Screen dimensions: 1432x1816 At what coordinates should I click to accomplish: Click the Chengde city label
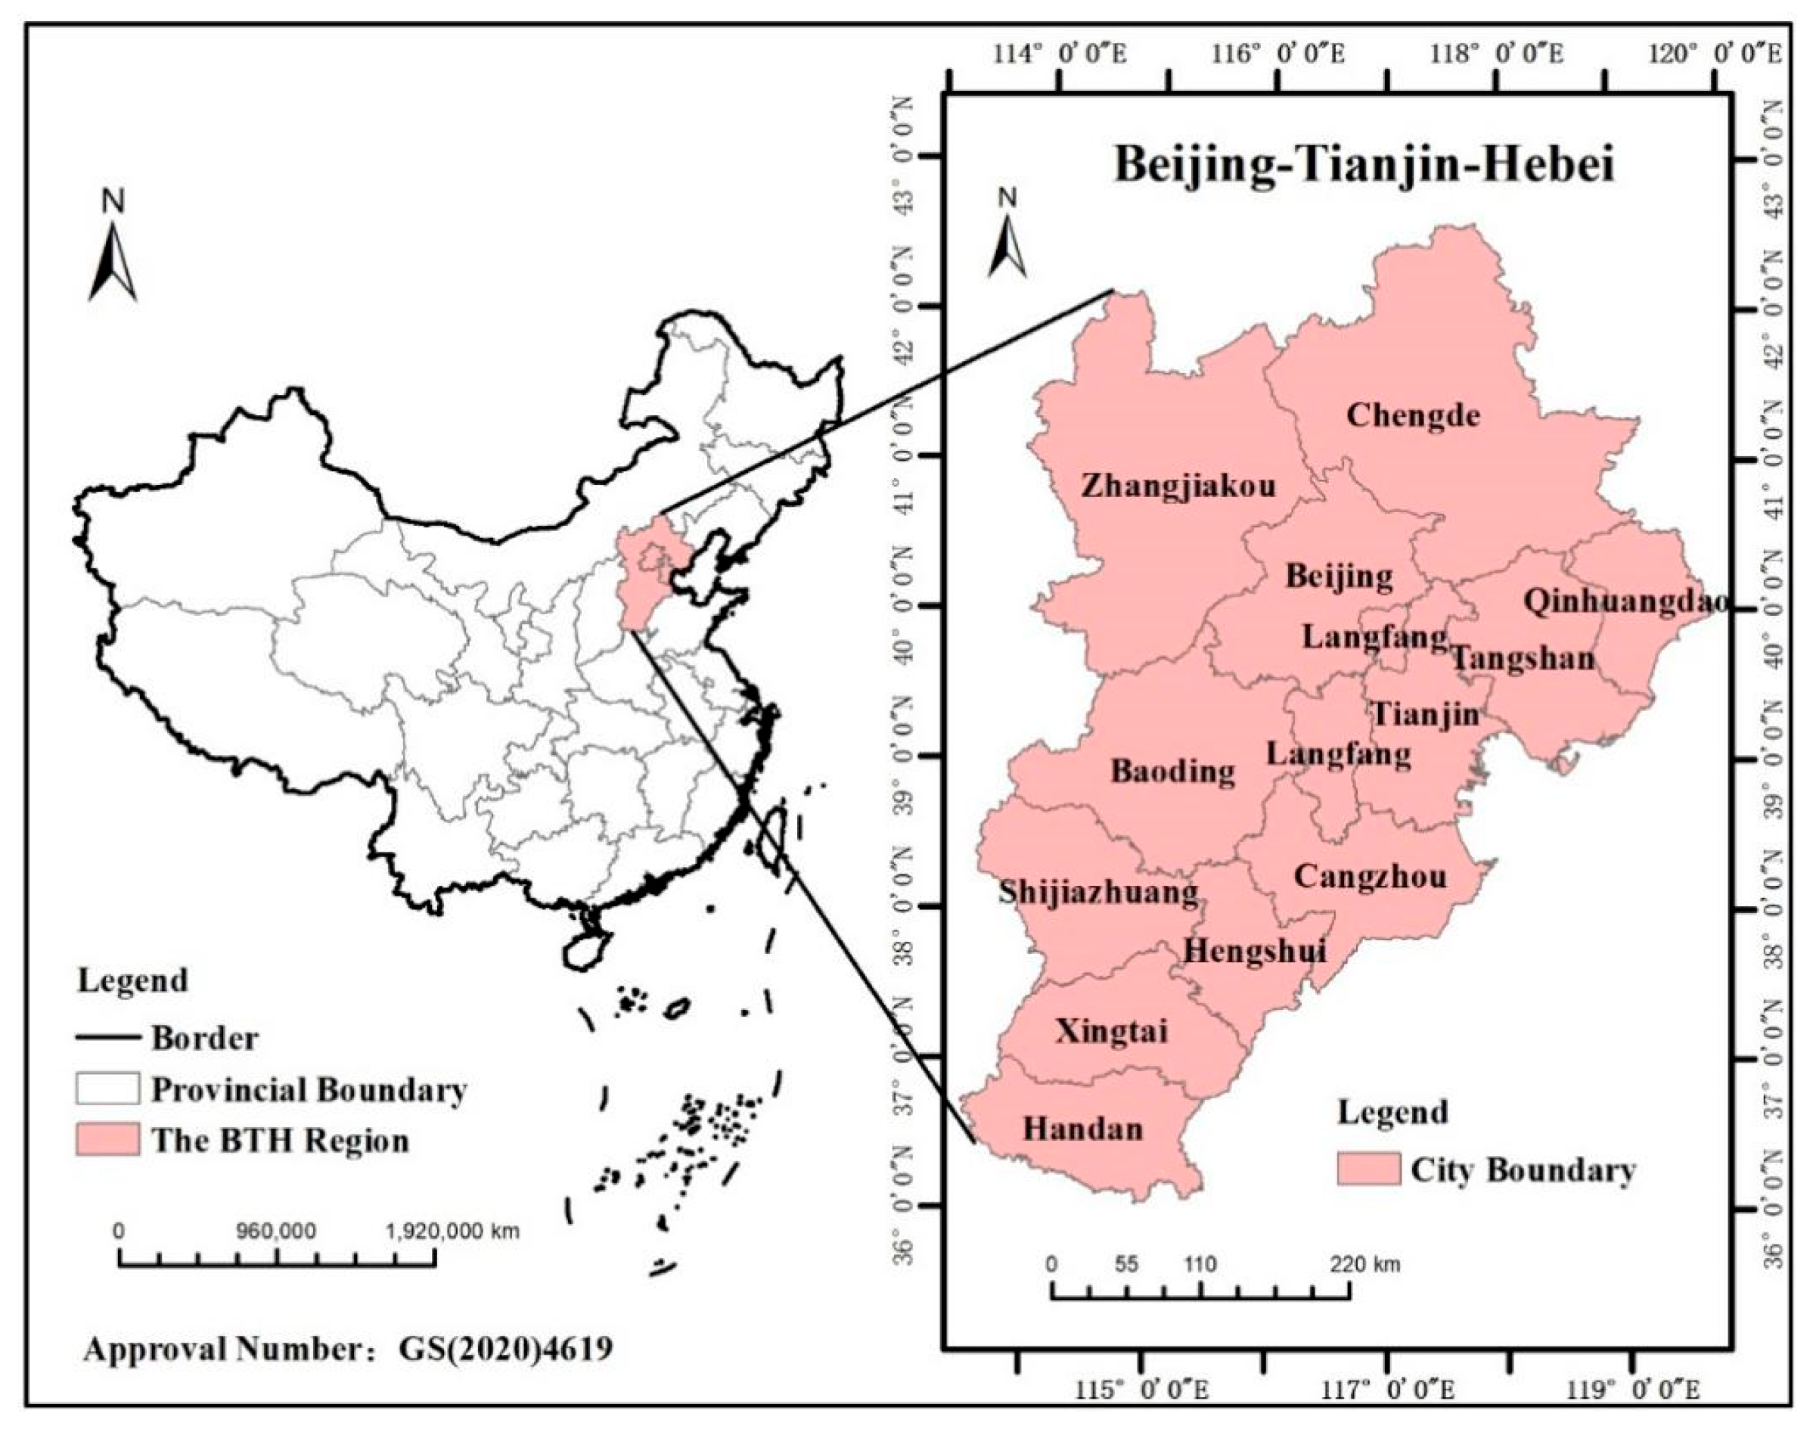(1413, 415)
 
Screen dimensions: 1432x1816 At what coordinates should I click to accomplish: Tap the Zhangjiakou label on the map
(1178, 486)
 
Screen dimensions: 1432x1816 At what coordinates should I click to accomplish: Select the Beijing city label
(1339, 577)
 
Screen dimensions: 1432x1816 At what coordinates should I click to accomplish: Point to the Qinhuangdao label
(1625, 601)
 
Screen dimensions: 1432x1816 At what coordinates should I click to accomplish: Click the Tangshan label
(1523, 658)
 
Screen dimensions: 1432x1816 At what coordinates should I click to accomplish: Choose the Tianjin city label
(1425, 714)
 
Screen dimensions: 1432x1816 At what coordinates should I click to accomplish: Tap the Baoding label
(1173, 772)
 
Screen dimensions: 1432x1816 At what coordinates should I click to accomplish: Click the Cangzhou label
(1370, 877)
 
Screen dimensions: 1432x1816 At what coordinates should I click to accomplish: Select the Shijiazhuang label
(1097, 893)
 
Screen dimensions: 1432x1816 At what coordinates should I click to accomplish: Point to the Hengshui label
(1254, 951)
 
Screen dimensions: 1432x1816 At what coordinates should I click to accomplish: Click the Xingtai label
(1111, 1031)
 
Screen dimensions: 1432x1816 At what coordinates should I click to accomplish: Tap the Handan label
(1082, 1129)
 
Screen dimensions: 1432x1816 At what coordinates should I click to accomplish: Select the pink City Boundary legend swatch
(1367, 1169)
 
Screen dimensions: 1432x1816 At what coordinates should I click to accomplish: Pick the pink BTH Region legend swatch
(107, 1140)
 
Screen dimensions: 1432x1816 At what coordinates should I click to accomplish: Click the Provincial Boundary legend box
(107, 1089)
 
